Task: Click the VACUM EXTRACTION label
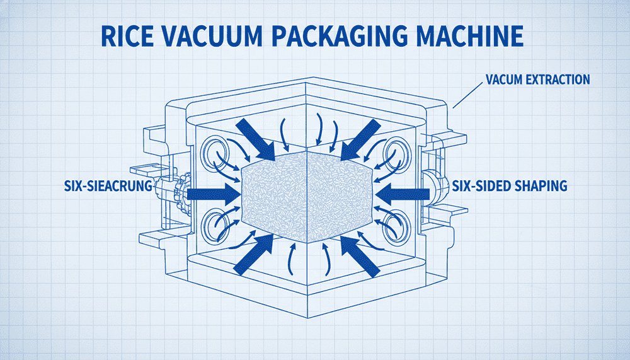point(537,80)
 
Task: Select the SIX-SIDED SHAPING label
point(510,186)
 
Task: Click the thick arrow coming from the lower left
point(251,255)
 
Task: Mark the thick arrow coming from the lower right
point(360,255)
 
